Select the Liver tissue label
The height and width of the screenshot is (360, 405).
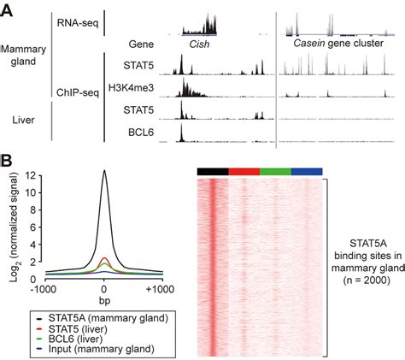click(23, 121)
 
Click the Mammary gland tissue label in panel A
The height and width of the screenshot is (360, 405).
click(26, 56)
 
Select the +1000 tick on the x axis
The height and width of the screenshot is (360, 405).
click(158, 291)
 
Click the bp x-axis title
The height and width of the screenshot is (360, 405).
click(104, 302)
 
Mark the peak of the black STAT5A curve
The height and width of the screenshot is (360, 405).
click(104, 171)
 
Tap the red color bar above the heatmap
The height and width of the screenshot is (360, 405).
click(244, 172)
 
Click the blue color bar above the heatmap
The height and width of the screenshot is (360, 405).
click(307, 172)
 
